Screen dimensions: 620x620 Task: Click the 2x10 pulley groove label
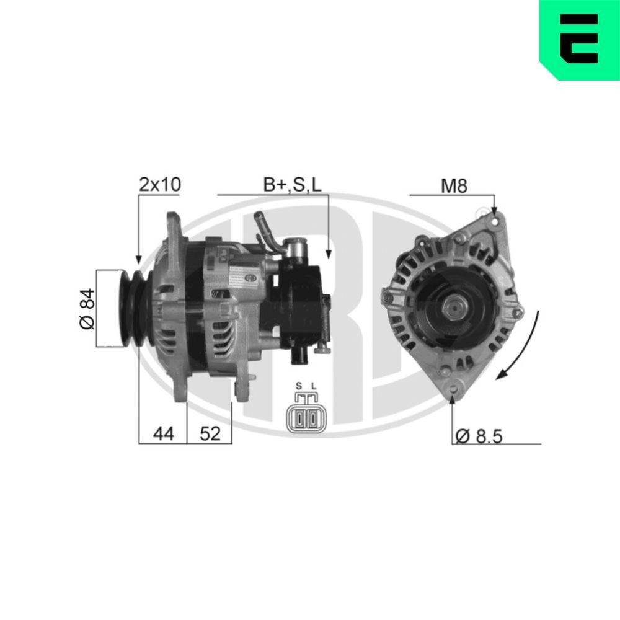coord(159,185)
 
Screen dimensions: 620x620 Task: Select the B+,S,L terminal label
coord(293,185)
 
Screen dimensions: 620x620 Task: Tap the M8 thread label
coord(453,185)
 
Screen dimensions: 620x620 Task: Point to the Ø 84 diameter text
coord(87,308)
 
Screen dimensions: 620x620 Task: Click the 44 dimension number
coord(162,434)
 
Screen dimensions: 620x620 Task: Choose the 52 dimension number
coord(210,434)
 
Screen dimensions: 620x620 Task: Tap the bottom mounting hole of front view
coord(454,388)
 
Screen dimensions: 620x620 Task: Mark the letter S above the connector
coord(298,386)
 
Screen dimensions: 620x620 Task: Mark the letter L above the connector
coord(313,386)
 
